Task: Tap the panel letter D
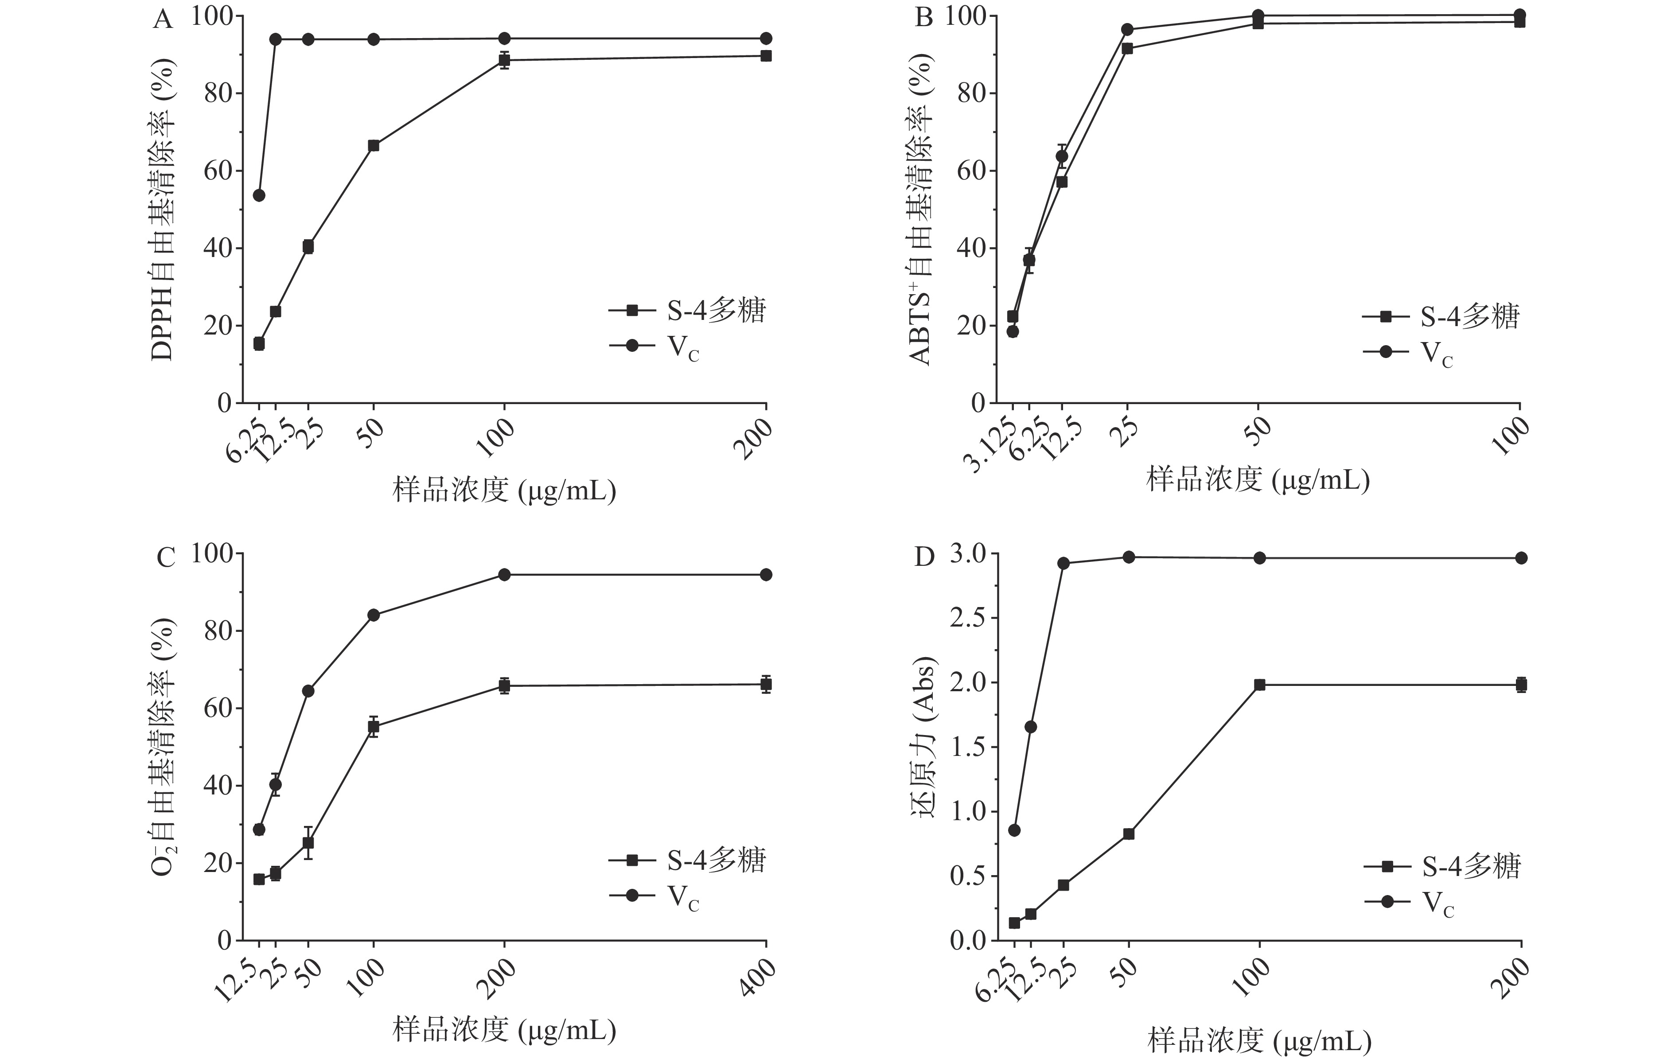(924, 557)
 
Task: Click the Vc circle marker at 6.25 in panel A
(259, 195)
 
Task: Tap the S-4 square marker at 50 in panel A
(374, 145)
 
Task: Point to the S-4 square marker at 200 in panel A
(766, 56)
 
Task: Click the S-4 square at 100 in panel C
(374, 727)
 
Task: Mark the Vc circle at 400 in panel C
(766, 574)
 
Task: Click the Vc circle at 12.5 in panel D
(1031, 727)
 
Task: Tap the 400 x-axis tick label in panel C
(758, 977)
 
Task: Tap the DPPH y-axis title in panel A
(163, 209)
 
